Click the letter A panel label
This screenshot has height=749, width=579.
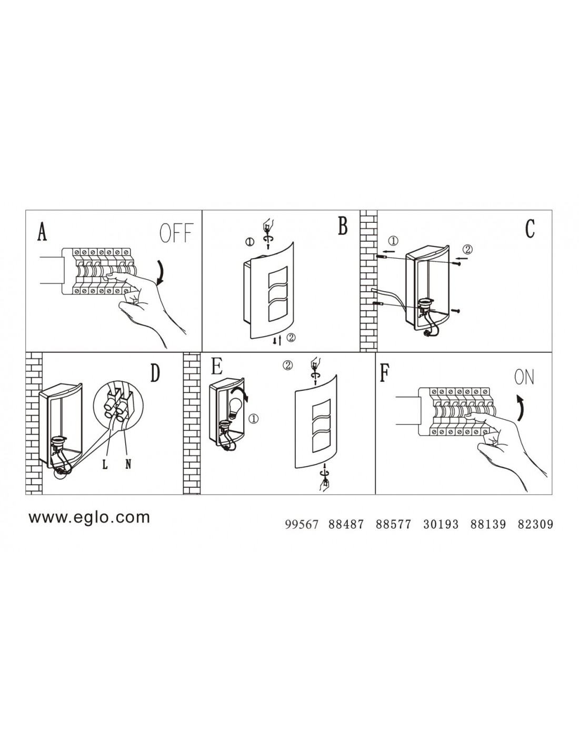[42, 231]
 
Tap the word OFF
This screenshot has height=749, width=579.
[176, 233]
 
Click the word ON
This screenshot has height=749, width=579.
[524, 377]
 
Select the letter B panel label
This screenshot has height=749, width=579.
[342, 226]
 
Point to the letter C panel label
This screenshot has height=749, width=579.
[530, 229]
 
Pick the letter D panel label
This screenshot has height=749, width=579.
[155, 373]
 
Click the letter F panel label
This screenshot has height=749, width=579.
[384, 373]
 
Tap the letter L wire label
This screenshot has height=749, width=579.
[105, 465]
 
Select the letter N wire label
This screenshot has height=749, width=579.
[128, 465]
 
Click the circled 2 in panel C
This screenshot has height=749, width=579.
[467, 249]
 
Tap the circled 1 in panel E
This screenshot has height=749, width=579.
[254, 419]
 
